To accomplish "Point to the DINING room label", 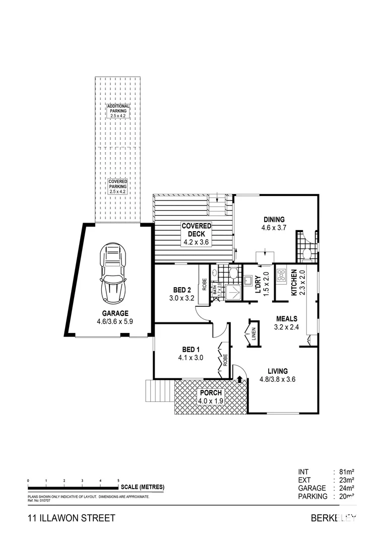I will (x=274, y=220).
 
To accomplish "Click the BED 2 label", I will (x=181, y=290).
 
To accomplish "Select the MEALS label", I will (x=286, y=318).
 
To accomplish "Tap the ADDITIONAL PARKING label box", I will (x=118, y=111).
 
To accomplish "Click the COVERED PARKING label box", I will (x=117, y=186).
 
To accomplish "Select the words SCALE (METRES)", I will (x=142, y=487).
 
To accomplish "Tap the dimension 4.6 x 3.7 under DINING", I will (x=274, y=228).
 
